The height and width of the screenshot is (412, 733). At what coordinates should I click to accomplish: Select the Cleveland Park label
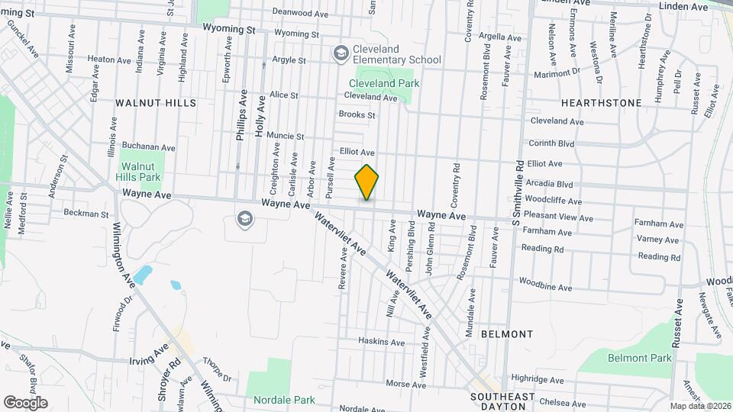point(384,83)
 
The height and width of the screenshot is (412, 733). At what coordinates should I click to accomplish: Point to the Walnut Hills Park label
point(137,171)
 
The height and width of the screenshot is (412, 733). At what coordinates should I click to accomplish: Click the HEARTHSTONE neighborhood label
point(601,102)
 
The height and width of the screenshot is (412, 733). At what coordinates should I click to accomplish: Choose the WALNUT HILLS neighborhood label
point(155,102)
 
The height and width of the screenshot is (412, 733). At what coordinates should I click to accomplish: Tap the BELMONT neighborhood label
point(507,334)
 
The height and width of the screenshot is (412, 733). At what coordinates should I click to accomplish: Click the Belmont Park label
point(640,358)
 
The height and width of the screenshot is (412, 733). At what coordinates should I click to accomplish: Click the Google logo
point(25,402)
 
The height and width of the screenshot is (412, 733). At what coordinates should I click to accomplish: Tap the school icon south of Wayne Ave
point(244,219)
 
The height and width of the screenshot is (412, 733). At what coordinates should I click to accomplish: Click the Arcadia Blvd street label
point(550,185)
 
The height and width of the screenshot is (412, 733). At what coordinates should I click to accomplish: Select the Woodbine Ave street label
point(545,288)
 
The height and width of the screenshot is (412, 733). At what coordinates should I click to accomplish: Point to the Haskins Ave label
point(381,343)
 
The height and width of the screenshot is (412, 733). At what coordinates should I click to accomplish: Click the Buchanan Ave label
point(149,147)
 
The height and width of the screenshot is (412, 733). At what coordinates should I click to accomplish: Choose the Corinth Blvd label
point(552,143)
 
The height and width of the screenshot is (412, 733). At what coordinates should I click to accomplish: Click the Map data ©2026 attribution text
point(699,406)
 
